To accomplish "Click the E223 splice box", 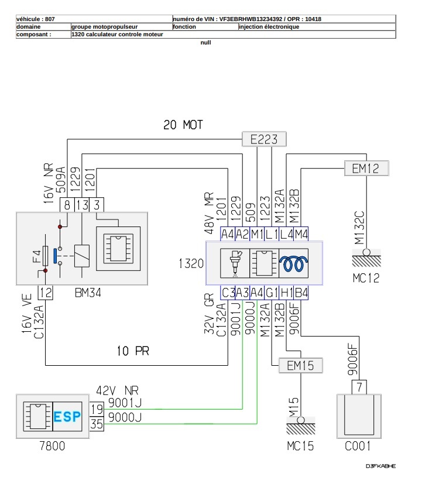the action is (264, 139).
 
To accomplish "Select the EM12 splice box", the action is (366, 169).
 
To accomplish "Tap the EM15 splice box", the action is (300, 365).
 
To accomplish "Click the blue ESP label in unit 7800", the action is (67, 417).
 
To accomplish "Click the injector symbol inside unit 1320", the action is (235, 263).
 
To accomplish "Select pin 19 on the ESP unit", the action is (97, 409).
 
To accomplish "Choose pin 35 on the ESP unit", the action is (97, 424).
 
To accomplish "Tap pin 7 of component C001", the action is (359, 387).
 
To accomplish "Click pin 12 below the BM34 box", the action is (46, 293).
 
